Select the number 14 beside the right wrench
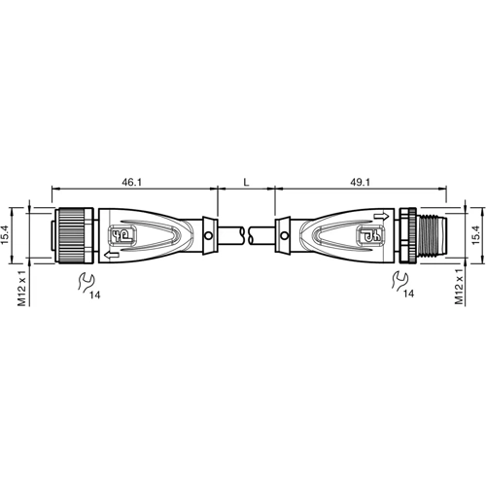click(410, 293)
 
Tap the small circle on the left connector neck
click(208, 235)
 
